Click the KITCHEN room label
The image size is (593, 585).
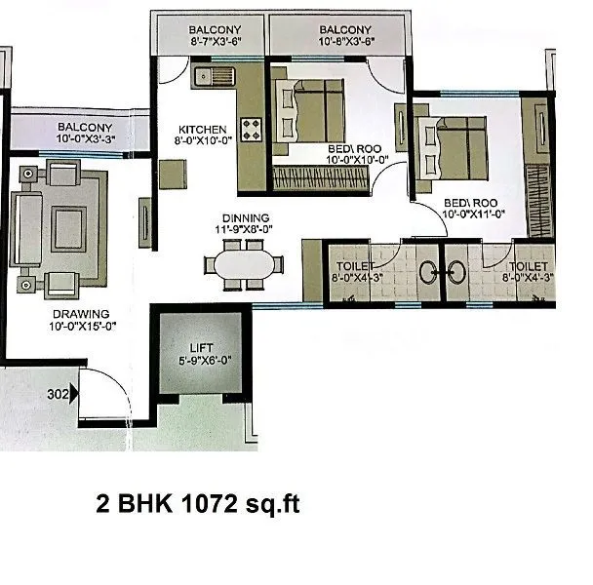click(x=202, y=129)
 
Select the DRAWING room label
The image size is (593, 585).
click(x=83, y=314)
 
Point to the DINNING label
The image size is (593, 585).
click(x=245, y=218)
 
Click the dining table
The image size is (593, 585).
click(x=245, y=264)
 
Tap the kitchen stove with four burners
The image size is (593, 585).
click(x=253, y=130)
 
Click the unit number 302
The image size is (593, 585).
click(x=59, y=396)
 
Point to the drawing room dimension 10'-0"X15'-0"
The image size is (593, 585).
click(x=83, y=327)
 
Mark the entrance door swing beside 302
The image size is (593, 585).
click(x=99, y=389)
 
